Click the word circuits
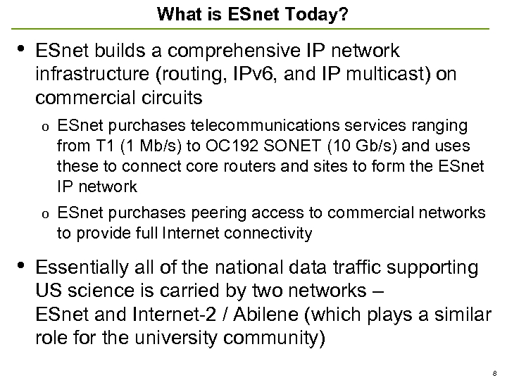coord(169,98)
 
